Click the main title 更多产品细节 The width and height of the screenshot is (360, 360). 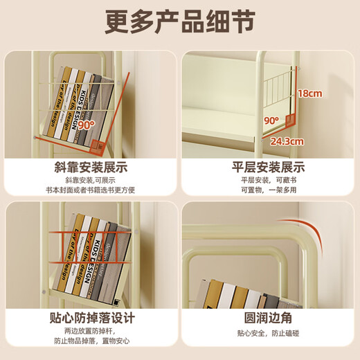pyautogui.click(x=180, y=22)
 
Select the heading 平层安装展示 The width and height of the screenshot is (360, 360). pyautogui.click(x=268, y=168)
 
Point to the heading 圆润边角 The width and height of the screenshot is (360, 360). pyautogui.click(x=268, y=318)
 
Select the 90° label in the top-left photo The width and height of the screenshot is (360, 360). pyautogui.click(x=86, y=126)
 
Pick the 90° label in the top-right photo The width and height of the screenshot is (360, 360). pyautogui.click(x=271, y=120)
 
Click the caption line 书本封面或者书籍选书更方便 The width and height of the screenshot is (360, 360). pyautogui.click(x=90, y=190)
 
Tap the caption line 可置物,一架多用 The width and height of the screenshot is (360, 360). pyautogui.click(x=268, y=190)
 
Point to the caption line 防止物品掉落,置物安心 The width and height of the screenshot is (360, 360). pyautogui.click(x=90, y=341)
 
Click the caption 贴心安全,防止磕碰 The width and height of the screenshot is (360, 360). pyautogui.click(x=268, y=333)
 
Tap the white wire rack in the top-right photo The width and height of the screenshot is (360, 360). pyautogui.click(x=278, y=87)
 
